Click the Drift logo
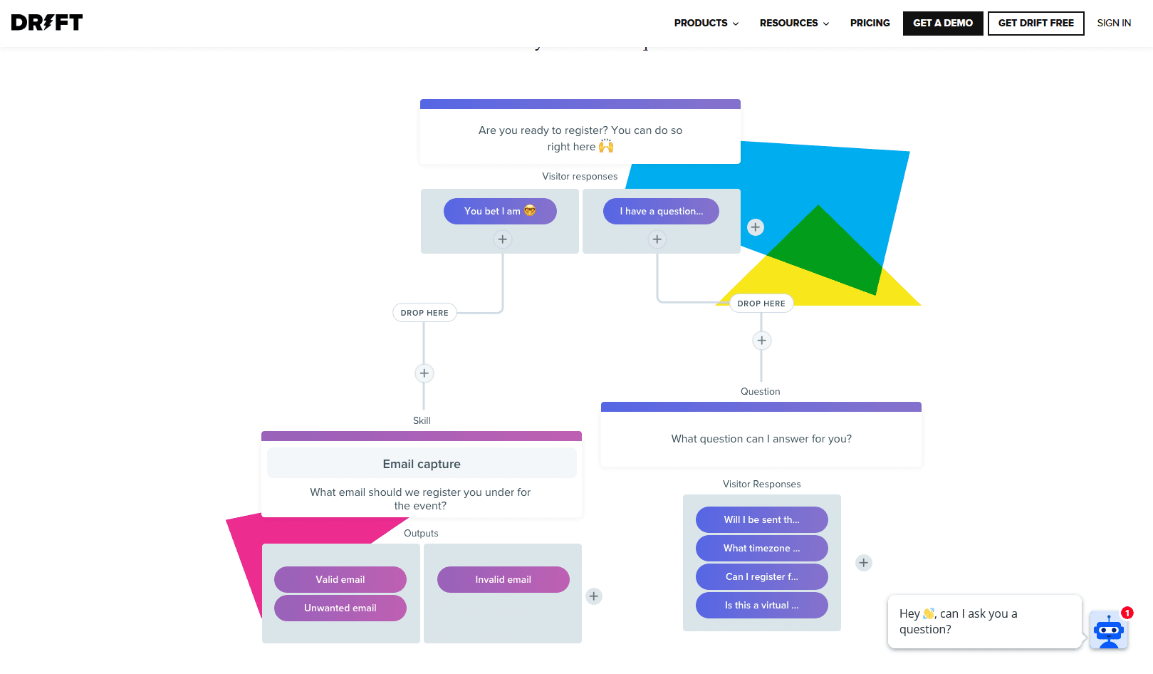tap(47, 23)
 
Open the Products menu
tap(706, 23)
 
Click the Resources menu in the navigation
tap(794, 23)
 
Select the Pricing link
tap(870, 23)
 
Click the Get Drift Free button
tap(1035, 23)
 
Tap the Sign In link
tap(1113, 23)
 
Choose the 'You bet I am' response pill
tap(500, 211)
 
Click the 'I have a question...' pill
tap(661, 211)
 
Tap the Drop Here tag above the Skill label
tap(424, 313)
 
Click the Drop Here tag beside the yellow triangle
tap(761, 304)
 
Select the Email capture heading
tap(422, 464)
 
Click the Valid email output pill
tap(340, 579)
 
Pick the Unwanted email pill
tap(340, 608)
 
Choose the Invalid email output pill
tap(503, 579)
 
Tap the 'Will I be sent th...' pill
tap(761, 519)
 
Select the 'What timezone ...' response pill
tap(761, 548)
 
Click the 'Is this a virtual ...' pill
tap(761, 605)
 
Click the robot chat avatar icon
tap(1108, 630)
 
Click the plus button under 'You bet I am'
tap(503, 239)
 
